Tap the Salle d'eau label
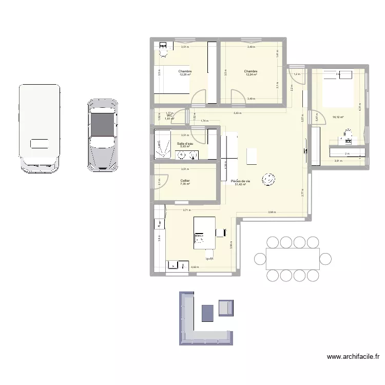pyautogui.click(x=185, y=143)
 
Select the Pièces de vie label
pyautogui.click(x=240, y=181)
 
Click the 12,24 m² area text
pyautogui.click(x=251, y=75)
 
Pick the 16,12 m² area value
pyautogui.click(x=338, y=117)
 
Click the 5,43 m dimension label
pyautogui.click(x=237, y=113)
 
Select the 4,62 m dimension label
pyautogui.click(x=195, y=267)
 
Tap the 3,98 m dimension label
pyautogui.click(x=272, y=213)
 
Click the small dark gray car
pyautogui.click(x=103, y=134)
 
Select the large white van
pyautogui.click(x=38, y=128)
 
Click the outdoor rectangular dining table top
pyautogui.click(x=293, y=259)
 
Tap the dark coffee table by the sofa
pyautogui.click(x=207, y=313)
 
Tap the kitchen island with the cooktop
pyautogui.click(x=204, y=233)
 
